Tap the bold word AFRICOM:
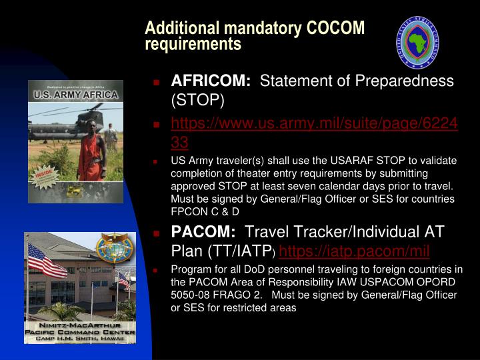(x=211, y=81)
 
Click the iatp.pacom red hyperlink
(x=354, y=251)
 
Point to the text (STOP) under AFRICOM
(x=198, y=101)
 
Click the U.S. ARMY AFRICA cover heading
(x=75, y=95)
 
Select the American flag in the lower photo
(x=47, y=260)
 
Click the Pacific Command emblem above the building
(x=115, y=247)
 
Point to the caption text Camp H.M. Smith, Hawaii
(x=80, y=339)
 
